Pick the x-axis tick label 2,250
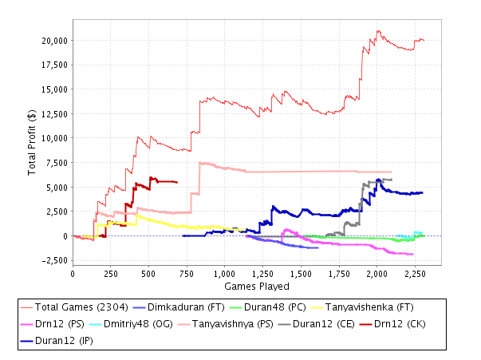pyautogui.click(x=413, y=274)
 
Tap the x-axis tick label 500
pyautogui.click(x=148, y=274)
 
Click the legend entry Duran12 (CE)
pyautogui.click(x=357, y=325)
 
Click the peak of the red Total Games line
pyautogui.click(x=378, y=31)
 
